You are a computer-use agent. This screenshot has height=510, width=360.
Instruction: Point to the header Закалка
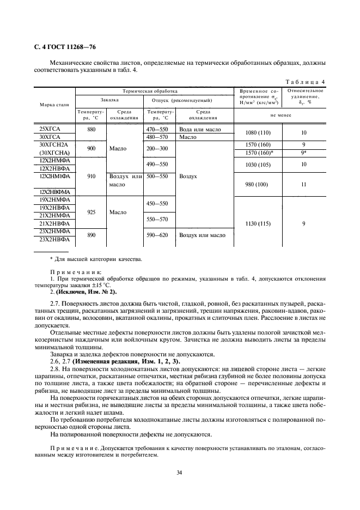tap(109, 100)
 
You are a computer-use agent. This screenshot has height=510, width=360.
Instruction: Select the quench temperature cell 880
tap(91, 130)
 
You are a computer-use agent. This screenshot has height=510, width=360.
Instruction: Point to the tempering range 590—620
tap(157, 235)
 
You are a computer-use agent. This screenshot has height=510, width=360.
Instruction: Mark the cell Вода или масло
tap(199, 130)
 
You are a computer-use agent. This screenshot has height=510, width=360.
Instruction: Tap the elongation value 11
tap(304, 184)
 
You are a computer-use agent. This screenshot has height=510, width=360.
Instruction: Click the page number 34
tap(179, 472)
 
